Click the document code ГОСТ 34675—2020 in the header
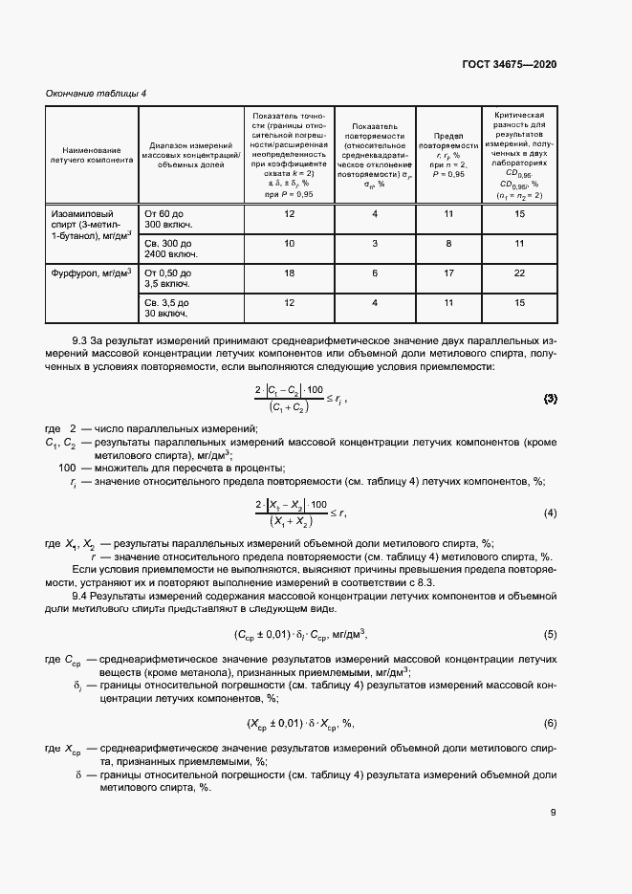tap(510, 64)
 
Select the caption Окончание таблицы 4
tap(97, 93)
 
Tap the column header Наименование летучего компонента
tap(92, 155)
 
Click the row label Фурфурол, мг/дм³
tap(92, 273)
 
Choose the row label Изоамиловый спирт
tap(92, 225)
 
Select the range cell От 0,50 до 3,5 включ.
tap(168, 278)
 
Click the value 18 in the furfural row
tap(291, 273)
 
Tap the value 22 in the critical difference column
tap(520, 273)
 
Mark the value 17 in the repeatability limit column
tap(448, 273)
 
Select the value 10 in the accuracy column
tap(291, 244)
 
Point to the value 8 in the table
tap(448, 244)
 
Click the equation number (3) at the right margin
tap(550, 398)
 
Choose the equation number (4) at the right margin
tap(550, 513)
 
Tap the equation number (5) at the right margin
tap(550, 634)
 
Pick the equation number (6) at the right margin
tap(550, 722)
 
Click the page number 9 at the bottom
tap(554, 813)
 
